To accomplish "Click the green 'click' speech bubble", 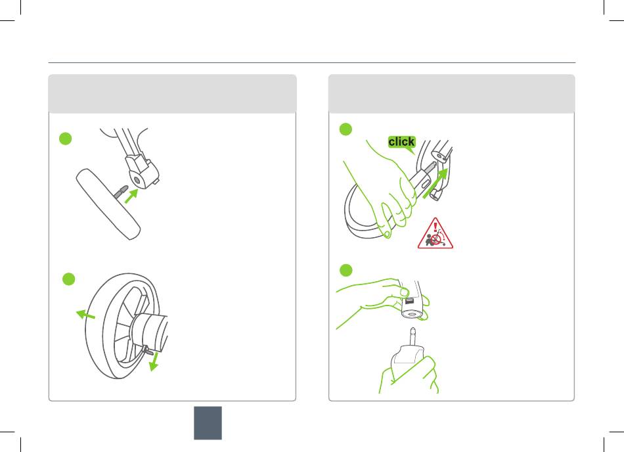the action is pos(402,143).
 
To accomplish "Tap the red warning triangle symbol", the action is pos(435,234).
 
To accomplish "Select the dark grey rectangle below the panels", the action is pos(208,423).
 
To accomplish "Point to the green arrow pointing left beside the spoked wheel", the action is pos(85,315).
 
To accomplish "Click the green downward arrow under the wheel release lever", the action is pos(154,361).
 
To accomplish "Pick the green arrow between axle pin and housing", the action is pos(131,196).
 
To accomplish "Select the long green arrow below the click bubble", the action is pos(435,183).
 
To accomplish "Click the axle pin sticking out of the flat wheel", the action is pos(121,191).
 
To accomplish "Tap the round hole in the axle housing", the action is pos(137,180).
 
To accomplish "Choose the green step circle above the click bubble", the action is pos(345,129).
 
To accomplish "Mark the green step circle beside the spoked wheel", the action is pos(69,279).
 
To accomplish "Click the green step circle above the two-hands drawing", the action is pos(345,270).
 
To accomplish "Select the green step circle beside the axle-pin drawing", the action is pos(65,139).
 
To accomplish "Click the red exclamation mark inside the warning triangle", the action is pos(435,227).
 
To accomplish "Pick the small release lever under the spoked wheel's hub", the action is pos(148,350).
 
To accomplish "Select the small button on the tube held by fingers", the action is pos(409,302).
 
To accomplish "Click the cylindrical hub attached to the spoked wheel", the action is pos(149,330).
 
